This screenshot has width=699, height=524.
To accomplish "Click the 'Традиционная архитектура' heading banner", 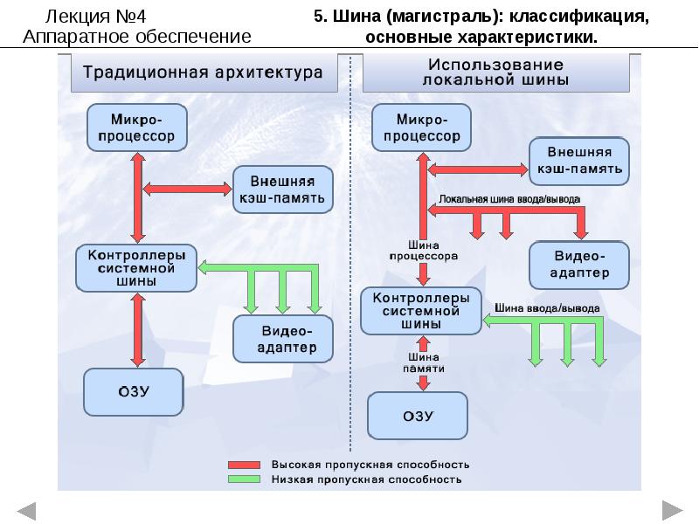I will [203, 72].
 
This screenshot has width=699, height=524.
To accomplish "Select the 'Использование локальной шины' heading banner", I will [495, 72].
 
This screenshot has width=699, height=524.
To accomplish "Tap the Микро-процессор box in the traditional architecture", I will [137, 127].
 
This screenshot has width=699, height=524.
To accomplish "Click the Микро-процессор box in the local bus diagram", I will [422, 128].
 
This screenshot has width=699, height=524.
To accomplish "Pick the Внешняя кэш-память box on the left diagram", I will [282, 190].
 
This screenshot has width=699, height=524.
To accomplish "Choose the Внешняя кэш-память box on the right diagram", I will [578, 159].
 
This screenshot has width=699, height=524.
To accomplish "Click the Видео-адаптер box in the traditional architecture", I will [284, 340].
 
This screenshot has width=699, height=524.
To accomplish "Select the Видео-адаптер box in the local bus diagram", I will [579, 264].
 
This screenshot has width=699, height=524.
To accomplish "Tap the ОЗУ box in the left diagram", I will [134, 391].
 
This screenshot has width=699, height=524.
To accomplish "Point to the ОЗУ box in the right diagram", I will [419, 415].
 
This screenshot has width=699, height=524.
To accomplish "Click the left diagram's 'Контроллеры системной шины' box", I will [137, 268].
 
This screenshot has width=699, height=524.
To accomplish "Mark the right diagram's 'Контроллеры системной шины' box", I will [421, 311].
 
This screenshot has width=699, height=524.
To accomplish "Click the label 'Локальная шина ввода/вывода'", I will [509, 199].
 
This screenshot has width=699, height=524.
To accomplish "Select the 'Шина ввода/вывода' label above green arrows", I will [547, 308].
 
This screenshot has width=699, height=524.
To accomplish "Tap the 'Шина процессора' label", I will [424, 252].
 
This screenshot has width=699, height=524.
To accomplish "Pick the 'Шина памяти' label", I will [423, 363].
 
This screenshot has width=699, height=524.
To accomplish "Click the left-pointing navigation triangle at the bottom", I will [26, 510].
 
